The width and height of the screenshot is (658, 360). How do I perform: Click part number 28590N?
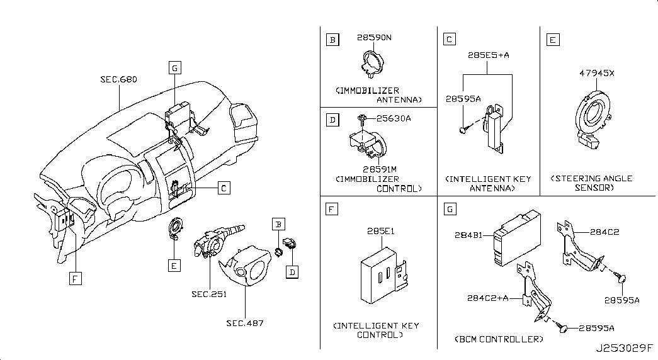point(375,38)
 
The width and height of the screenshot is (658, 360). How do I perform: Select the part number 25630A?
point(394,118)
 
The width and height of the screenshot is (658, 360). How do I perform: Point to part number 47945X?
point(596,73)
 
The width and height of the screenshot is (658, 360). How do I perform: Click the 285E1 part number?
point(380,232)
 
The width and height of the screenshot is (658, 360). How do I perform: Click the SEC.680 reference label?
point(118,80)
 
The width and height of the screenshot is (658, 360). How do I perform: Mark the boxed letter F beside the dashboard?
point(74,279)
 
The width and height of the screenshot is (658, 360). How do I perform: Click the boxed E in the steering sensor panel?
point(552,41)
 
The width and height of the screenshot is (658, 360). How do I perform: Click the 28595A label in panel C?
point(463,99)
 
